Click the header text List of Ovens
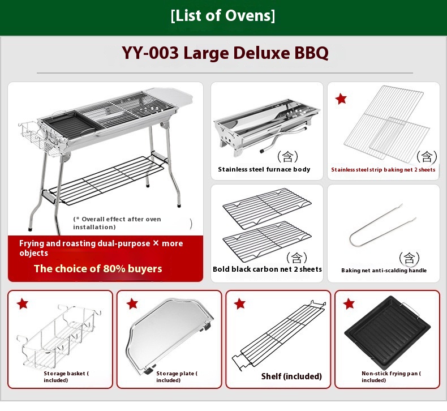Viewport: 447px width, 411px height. (x=223, y=16)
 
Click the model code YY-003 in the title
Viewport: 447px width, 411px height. (x=149, y=53)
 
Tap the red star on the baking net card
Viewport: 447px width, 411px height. (x=341, y=99)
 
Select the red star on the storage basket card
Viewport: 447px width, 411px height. (x=22, y=304)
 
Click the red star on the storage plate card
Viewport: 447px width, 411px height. (x=132, y=304)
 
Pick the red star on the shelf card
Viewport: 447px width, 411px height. (x=240, y=304)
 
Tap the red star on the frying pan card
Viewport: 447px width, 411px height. (x=349, y=304)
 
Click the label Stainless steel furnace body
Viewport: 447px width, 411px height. (x=264, y=169)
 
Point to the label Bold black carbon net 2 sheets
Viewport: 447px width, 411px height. (x=267, y=269)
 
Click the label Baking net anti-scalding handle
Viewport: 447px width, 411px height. (x=384, y=271)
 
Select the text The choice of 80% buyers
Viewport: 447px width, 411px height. (x=98, y=268)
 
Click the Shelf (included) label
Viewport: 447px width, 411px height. (x=291, y=376)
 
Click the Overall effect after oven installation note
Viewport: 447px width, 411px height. (x=117, y=223)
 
